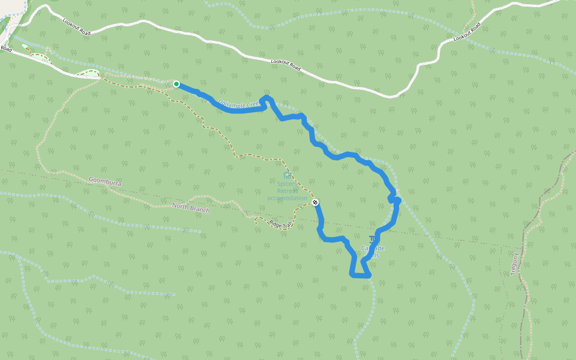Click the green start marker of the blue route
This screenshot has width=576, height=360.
[176, 84]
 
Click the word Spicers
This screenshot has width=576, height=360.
[287, 184]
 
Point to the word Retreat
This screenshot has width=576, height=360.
[287, 191]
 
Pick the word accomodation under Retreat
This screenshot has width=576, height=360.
[287, 198]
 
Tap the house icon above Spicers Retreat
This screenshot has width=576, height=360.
[287, 175]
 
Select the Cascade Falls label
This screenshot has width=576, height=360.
[373, 251]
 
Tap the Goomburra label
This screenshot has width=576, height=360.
[106, 180]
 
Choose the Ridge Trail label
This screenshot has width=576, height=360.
[280, 224]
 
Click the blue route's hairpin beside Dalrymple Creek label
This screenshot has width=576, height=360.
[266, 98]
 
